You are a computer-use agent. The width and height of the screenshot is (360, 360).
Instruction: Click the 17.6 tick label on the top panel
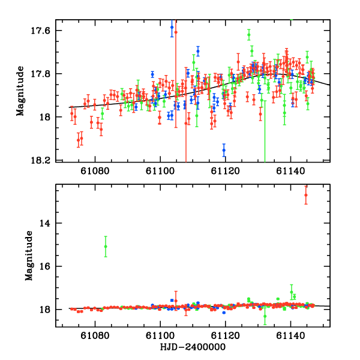[44, 31]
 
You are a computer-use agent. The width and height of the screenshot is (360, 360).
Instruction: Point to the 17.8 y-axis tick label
[44, 74]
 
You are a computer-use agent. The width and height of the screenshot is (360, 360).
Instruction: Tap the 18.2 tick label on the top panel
[44, 160]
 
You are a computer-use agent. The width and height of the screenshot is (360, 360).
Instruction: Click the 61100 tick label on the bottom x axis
[161, 338]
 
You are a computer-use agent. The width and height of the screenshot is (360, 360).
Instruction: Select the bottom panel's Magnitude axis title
[29, 257]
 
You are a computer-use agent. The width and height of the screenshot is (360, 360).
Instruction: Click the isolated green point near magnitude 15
[106, 247]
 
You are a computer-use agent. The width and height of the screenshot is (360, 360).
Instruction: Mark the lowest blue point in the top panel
[224, 150]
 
